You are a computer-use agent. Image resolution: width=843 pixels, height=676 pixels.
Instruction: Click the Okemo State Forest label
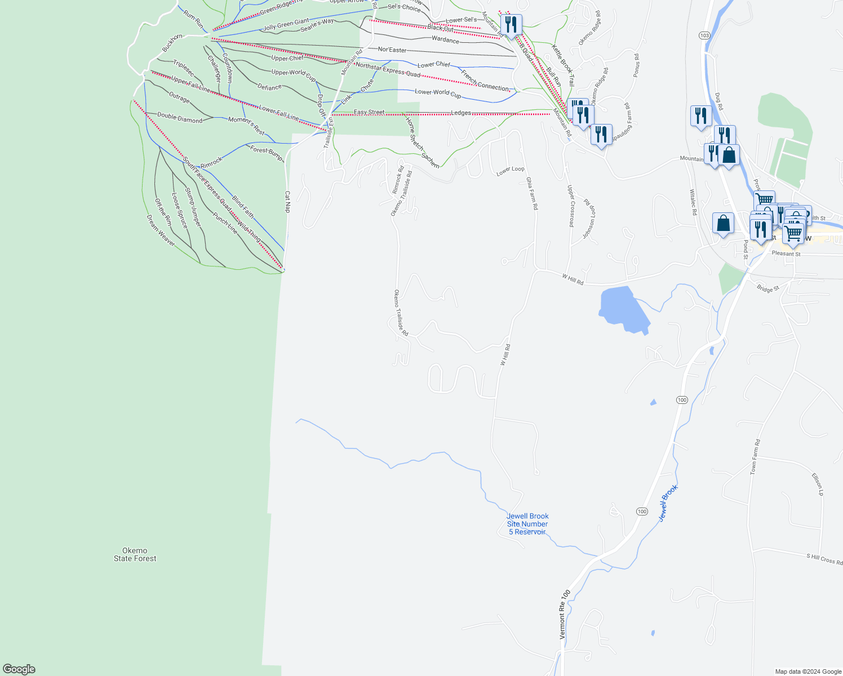point(135,554)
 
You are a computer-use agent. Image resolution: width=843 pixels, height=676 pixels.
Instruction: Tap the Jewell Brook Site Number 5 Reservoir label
point(527,524)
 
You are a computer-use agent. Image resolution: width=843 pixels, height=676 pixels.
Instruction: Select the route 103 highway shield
point(704,35)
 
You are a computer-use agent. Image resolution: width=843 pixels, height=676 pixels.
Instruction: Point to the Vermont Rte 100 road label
point(565,614)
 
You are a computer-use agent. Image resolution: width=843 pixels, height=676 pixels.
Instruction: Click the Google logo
point(19,669)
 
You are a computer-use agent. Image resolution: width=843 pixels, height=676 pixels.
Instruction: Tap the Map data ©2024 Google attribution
point(808,671)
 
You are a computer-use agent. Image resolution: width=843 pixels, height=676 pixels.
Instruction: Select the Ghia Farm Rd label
point(532,193)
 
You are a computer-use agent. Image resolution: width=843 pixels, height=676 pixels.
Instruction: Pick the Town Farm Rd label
point(755,456)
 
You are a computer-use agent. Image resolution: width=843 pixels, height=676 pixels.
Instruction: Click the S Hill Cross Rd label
point(824,559)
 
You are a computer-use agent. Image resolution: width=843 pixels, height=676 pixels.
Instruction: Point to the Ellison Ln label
point(818,484)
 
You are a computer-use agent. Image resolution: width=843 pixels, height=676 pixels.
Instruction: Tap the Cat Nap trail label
point(287,202)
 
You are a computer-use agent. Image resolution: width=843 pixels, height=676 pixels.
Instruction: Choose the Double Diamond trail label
point(179,117)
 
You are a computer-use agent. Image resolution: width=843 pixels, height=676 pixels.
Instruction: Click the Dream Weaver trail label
point(161,230)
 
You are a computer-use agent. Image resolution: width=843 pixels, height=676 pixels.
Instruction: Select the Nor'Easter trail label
point(392,50)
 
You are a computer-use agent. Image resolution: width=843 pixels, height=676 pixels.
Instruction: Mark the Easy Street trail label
point(369,112)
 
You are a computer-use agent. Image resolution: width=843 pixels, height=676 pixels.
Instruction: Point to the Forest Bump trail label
point(267,153)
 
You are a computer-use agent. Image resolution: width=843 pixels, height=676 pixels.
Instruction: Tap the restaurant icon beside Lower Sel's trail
point(511,24)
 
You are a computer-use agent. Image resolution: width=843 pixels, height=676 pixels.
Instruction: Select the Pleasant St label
point(786,253)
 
